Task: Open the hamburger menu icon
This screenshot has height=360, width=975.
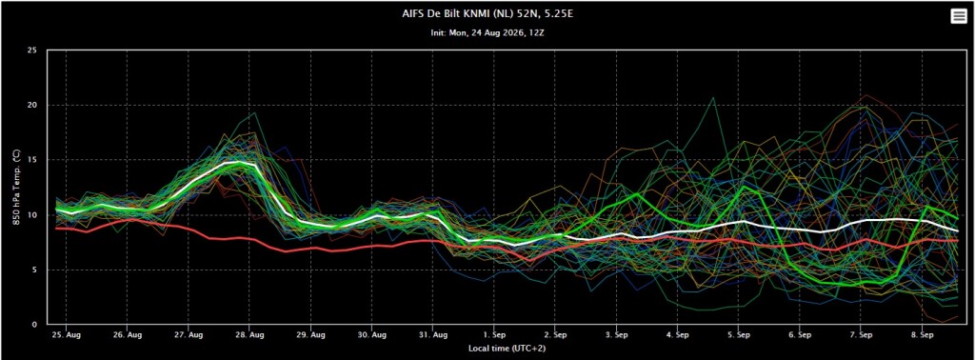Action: point(958,17)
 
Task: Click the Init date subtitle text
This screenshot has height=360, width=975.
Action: point(487,32)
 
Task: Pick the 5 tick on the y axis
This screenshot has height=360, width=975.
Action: point(34,270)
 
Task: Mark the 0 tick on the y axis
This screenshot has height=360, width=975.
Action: point(34,325)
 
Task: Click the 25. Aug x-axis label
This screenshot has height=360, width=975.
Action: point(66,334)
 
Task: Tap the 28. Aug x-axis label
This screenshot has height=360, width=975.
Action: point(249,334)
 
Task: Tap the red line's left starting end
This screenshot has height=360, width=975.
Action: point(56,229)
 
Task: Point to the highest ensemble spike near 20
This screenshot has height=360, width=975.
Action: point(713,97)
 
